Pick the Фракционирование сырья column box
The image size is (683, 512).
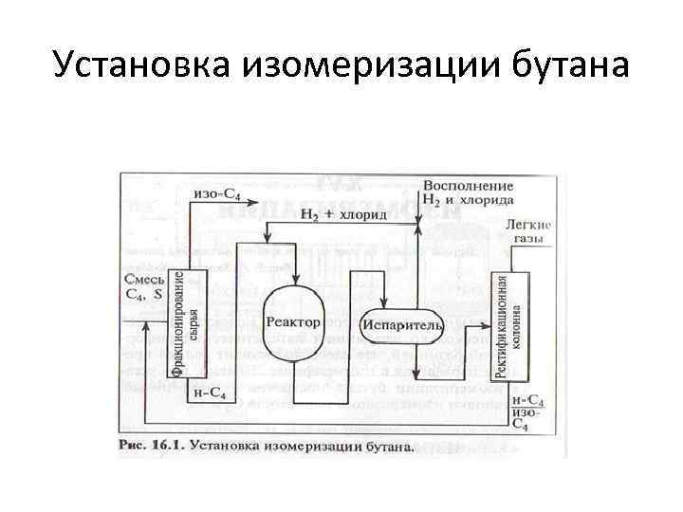click(x=187, y=322)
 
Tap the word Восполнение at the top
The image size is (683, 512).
click(x=469, y=184)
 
